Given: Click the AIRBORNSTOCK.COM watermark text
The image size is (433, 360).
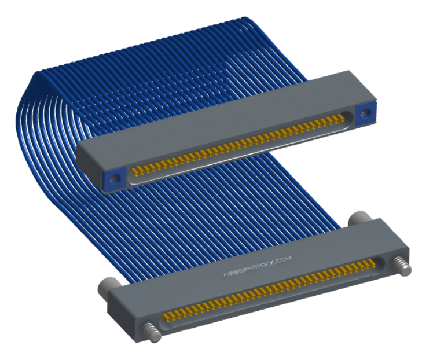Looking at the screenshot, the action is click(258, 266).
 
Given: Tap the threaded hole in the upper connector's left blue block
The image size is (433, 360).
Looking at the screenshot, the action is click(113, 179).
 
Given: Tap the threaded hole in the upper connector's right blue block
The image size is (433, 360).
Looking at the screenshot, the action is click(365, 112).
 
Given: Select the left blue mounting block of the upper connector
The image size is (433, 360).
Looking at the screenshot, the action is click(114, 180).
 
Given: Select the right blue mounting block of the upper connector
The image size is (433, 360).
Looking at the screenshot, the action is click(365, 113).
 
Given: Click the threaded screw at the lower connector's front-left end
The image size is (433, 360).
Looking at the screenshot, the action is click(152, 332).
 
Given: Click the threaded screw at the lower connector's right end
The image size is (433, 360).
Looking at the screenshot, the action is click(402, 266).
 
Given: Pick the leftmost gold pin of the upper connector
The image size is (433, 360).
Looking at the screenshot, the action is click(134, 171).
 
